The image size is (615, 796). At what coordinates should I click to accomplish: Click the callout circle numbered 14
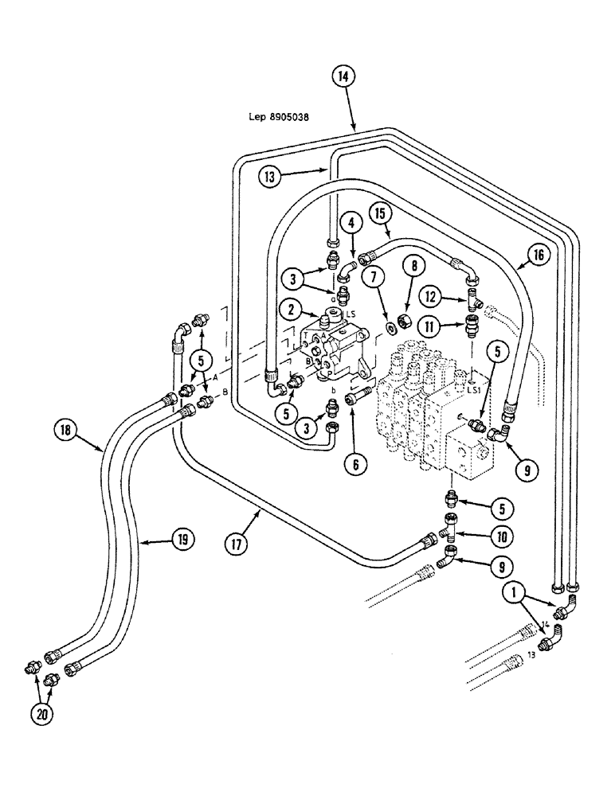(x=341, y=78)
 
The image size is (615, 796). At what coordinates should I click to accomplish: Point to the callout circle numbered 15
(x=380, y=214)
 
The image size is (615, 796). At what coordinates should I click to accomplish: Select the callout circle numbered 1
(x=513, y=591)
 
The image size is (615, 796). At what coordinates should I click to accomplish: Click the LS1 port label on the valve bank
(x=474, y=390)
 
